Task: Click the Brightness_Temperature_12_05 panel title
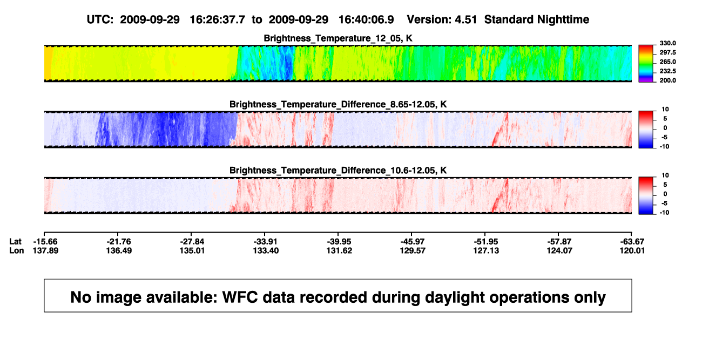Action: pos(338,38)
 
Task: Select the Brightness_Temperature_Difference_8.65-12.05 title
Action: pos(338,104)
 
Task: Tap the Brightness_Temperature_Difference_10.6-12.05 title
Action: pos(338,171)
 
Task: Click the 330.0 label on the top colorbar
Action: pos(667,43)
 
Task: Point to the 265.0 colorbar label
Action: pos(667,62)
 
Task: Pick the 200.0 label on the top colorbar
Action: pos(667,80)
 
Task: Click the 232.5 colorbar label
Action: pos(667,71)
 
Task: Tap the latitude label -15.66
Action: pos(45,242)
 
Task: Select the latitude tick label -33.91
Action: pos(266,242)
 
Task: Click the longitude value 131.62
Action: pos(339,250)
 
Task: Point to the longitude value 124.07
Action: pos(559,250)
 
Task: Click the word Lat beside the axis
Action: pos(15,242)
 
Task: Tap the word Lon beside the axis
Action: pos(16,250)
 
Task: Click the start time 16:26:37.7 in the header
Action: pos(217,20)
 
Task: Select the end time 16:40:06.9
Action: pos(366,20)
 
